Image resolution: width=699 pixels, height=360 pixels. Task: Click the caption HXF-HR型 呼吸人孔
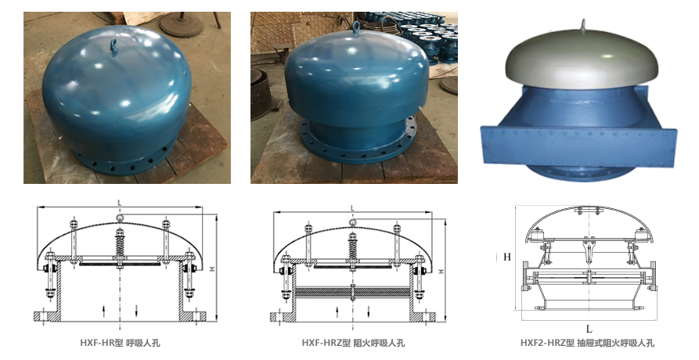tap(120, 343)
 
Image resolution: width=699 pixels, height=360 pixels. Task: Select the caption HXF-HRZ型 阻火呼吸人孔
tap(353, 343)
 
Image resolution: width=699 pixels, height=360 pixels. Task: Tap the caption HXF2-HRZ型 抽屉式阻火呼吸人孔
tap(588, 343)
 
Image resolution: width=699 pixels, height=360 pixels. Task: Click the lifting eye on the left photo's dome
tap(114, 45)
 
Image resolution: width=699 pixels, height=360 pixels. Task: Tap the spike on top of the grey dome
tap(583, 26)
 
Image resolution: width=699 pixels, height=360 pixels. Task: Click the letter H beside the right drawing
tap(507, 257)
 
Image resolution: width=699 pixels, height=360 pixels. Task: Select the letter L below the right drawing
tap(589, 329)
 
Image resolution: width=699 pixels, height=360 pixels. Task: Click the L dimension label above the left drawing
tap(120, 203)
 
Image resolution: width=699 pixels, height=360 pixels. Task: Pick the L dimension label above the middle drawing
tap(352, 208)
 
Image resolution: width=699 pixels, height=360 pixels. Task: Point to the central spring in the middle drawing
tap(352, 250)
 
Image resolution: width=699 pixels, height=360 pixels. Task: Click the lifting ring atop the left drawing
tap(120, 218)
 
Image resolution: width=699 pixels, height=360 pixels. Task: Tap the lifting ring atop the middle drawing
tap(352, 223)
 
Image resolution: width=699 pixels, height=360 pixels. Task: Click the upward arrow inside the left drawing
tap(103, 311)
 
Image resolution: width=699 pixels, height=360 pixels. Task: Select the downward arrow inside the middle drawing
tap(369, 312)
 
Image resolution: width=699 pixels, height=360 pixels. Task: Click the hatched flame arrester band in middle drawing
tap(352, 292)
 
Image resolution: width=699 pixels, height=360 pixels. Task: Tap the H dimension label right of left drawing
tap(213, 268)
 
